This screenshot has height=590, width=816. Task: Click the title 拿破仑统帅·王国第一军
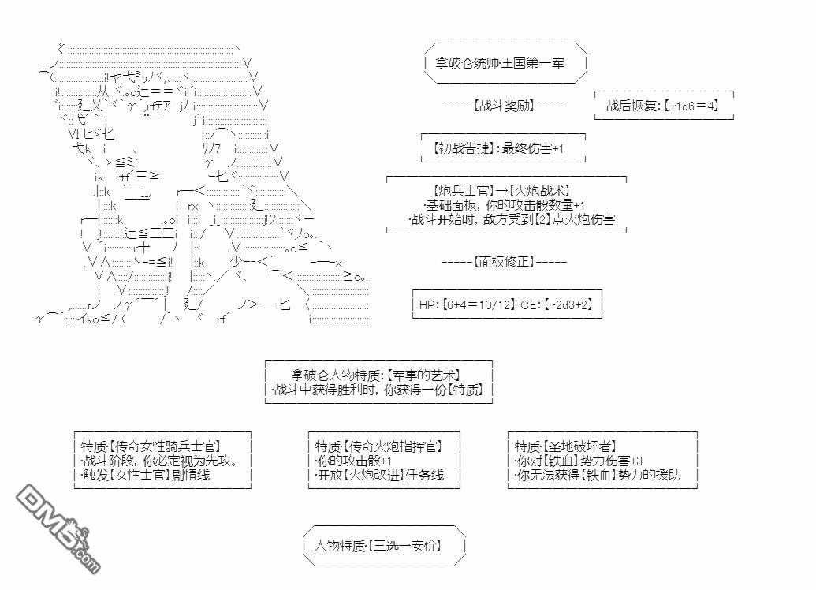coord(500,63)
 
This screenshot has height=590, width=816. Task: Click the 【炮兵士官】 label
coord(463,190)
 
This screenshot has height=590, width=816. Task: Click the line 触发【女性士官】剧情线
coord(145,475)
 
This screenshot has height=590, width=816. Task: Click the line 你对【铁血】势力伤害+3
coord(579,461)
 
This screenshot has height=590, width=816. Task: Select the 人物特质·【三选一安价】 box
coord(378,545)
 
